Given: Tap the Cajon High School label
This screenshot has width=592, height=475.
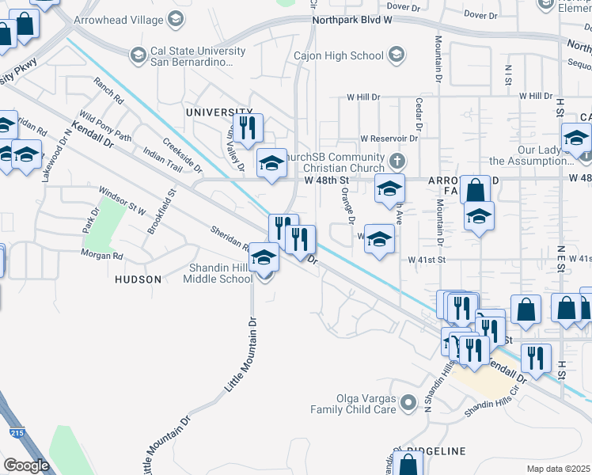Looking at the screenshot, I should (338, 55).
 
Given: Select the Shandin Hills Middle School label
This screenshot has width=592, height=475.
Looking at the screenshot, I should (218, 273).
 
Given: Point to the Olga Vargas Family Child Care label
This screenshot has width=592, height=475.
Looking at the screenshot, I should (352, 404).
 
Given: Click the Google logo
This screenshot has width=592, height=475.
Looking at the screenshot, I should (26, 465).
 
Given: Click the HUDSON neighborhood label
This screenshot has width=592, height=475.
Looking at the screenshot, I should (138, 279).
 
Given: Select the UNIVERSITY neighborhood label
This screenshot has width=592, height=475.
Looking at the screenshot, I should (213, 112).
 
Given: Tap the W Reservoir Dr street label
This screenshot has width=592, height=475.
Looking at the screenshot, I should (389, 138).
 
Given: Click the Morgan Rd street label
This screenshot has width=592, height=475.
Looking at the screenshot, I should (101, 255).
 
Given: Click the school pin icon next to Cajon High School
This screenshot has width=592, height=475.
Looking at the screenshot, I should (397, 55).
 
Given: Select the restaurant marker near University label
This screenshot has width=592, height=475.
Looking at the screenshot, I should (248, 128).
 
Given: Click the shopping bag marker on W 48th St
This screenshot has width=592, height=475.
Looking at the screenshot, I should (475, 191).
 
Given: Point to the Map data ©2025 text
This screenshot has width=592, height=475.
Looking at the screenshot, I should (559, 469).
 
